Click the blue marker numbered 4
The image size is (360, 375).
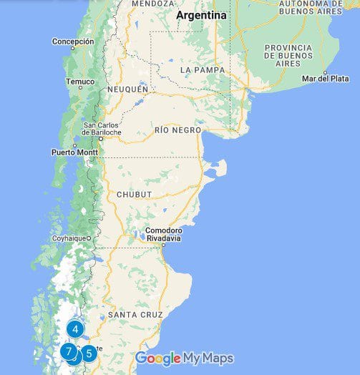pos(75,329)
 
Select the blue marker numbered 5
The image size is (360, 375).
pos(88,353)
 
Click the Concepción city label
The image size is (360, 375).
pos(73,42)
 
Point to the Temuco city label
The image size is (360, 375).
pos(80,82)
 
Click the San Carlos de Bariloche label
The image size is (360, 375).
pos(102,129)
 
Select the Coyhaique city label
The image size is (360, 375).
pos(69,238)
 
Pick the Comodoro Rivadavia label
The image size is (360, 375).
pos(163,235)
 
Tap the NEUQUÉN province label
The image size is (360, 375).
pos(127,89)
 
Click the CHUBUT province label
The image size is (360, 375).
pos(134,194)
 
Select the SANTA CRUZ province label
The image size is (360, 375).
pos(135,315)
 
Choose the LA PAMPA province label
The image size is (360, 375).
pos(203,70)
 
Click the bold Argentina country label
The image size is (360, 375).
pos(201,15)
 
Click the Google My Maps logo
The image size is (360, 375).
pos(184,359)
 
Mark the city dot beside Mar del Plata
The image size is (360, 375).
pos(326,72)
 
